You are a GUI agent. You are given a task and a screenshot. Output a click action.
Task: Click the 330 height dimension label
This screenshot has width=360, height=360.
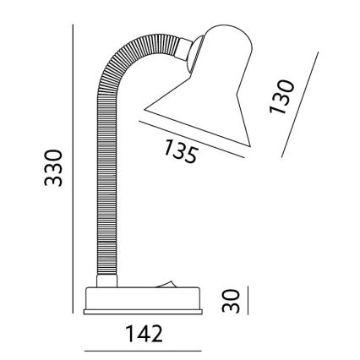pos(53,168)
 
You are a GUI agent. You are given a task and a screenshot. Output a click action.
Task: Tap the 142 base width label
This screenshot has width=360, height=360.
pos(144,334)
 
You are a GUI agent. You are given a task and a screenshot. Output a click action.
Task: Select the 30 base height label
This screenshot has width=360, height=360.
pos(231,301)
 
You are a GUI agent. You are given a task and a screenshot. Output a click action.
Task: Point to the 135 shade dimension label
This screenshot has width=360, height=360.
pos(180,151)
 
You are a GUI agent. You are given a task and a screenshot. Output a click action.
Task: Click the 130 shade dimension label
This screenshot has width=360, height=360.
pos(281,97)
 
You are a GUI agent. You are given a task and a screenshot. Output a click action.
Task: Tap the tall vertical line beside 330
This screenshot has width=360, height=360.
pos(73,169)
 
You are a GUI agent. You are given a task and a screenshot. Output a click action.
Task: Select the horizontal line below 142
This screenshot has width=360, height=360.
pos(143,351)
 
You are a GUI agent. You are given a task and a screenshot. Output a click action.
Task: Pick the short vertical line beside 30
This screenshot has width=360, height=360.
pos(248,300)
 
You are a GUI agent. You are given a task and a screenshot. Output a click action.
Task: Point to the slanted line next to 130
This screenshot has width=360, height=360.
pos(300,105)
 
